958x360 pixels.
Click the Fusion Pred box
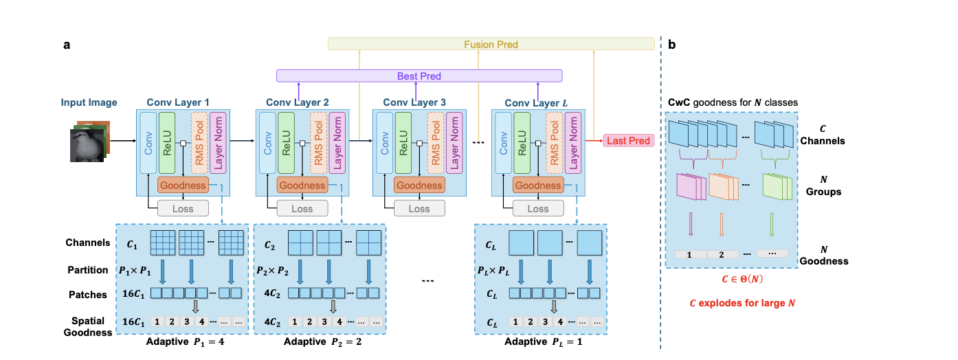pyautogui.click(x=491, y=45)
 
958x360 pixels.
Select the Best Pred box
pyautogui.click(x=419, y=76)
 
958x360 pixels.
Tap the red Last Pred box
pyautogui.click(x=627, y=141)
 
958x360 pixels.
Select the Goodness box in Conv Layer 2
pyautogui.click(x=302, y=185)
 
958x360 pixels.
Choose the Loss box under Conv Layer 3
pyautogui.click(x=419, y=208)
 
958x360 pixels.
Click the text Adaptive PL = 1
pyautogui.click(x=543, y=341)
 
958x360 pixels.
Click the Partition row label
pyautogui.click(x=87, y=270)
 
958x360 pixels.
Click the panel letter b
pyautogui.click(x=671, y=45)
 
